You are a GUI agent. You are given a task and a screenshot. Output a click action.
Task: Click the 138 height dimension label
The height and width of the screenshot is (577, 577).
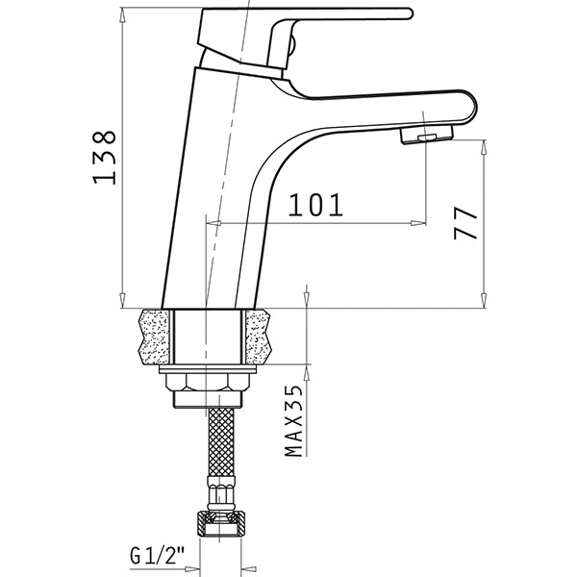click(104, 157)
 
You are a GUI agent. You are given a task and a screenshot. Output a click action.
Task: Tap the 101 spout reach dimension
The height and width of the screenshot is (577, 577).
click(315, 205)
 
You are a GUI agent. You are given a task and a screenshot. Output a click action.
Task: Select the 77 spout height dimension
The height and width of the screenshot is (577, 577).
click(465, 223)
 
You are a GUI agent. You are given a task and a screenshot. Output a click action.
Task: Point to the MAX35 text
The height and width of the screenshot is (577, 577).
click(293, 420)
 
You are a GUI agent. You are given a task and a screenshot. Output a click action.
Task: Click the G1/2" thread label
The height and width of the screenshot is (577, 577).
click(157, 555)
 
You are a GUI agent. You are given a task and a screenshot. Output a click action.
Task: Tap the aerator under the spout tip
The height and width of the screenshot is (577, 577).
click(427, 135)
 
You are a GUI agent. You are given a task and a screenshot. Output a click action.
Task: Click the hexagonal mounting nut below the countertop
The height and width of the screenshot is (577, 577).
click(209, 382)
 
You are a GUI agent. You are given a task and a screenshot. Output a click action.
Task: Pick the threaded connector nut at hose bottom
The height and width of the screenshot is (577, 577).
click(220, 523)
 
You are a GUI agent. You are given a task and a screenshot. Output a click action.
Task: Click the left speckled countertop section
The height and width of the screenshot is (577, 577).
click(155, 337)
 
